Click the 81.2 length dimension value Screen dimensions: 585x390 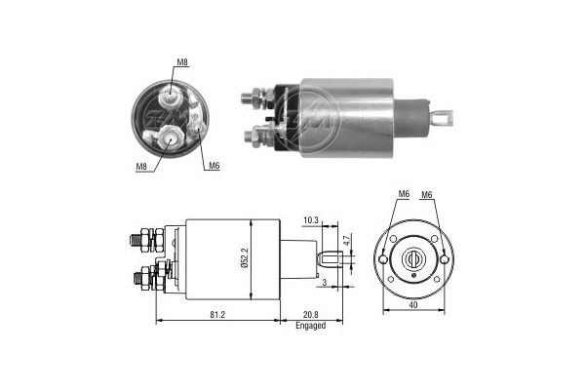pyautogui.click(x=217, y=315)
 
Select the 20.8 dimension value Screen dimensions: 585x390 pyautogui.click(x=310, y=315)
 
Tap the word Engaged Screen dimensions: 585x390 pyautogui.click(x=310, y=326)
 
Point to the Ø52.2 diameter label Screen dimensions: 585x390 pyautogui.click(x=245, y=258)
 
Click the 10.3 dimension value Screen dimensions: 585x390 pyautogui.click(x=310, y=220)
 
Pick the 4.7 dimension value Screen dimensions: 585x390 pyautogui.click(x=347, y=240)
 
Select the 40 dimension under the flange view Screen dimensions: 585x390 pyautogui.click(x=413, y=305)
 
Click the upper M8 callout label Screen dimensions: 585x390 pyautogui.click(x=182, y=62)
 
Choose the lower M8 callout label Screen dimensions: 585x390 pyautogui.click(x=141, y=167)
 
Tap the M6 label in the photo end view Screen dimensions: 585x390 pyautogui.click(x=214, y=166)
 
